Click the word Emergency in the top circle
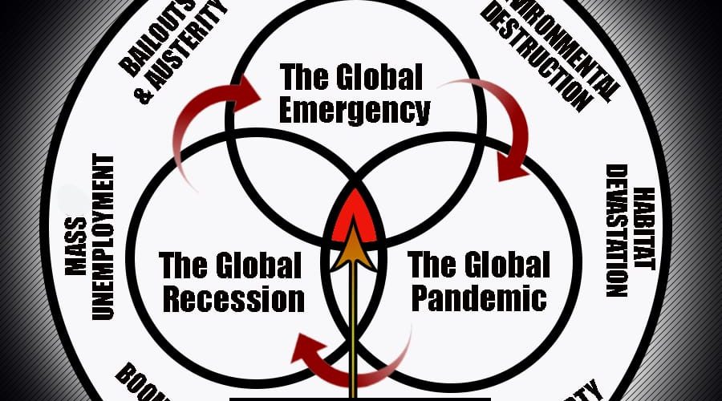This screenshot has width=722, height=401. (355, 110)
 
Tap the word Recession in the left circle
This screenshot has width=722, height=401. (232, 298)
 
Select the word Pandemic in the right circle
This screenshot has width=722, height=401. (479, 298)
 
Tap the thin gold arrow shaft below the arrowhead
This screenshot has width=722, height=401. (354, 337)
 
